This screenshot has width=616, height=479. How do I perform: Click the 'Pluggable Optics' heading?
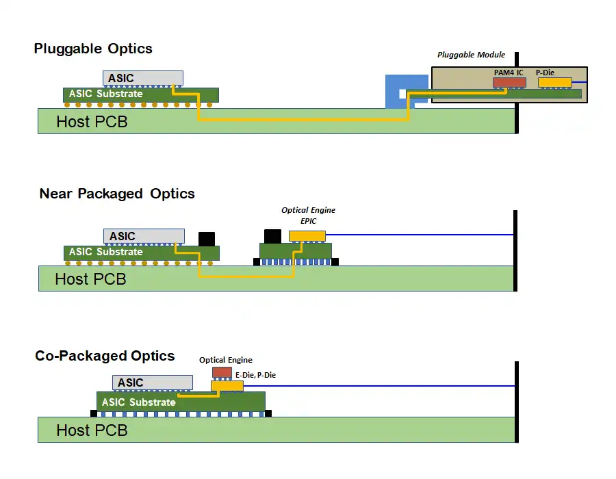93,49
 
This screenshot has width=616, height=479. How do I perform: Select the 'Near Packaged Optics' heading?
117,194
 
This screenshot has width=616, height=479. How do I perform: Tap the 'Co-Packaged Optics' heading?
105,356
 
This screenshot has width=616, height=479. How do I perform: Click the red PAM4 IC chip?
509,82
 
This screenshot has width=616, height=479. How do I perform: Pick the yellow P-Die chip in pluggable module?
554,82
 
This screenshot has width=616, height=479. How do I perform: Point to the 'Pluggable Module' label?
471,55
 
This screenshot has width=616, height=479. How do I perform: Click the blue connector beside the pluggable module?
396,91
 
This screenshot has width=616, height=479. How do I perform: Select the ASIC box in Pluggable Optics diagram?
143,78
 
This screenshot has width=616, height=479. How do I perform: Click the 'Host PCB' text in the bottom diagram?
92,430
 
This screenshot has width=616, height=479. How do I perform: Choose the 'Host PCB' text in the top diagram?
92,122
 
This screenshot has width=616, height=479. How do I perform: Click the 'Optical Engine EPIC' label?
308,216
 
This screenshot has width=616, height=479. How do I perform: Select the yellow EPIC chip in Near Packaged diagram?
307,236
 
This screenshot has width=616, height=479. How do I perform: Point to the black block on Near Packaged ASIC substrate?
206,239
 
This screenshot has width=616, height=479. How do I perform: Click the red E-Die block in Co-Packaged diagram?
222,372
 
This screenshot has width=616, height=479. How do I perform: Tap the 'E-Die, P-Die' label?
255,375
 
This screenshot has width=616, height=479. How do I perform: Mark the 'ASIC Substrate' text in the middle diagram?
105,253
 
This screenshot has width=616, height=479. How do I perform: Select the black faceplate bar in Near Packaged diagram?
515,250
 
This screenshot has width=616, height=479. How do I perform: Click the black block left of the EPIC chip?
272,235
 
